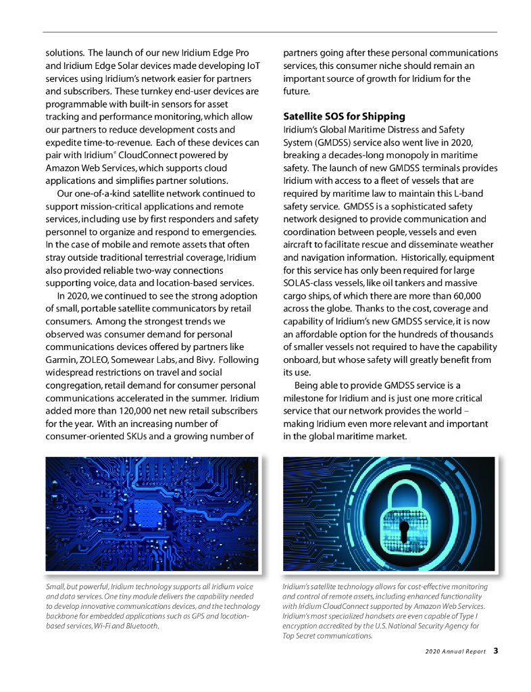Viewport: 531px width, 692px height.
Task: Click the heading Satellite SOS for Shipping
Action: pyautogui.click(x=344, y=116)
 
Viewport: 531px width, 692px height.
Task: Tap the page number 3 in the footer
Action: pyautogui.click(x=495, y=651)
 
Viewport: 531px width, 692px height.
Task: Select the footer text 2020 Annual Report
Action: pyautogui.click(x=455, y=651)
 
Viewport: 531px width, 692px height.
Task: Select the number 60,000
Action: pyautogui.click(x=459, y=295)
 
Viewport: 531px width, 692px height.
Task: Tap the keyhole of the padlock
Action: pyautogui.click(x=403, y=528)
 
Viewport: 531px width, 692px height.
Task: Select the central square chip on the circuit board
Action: pyautogui.click(x=148, y=514)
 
